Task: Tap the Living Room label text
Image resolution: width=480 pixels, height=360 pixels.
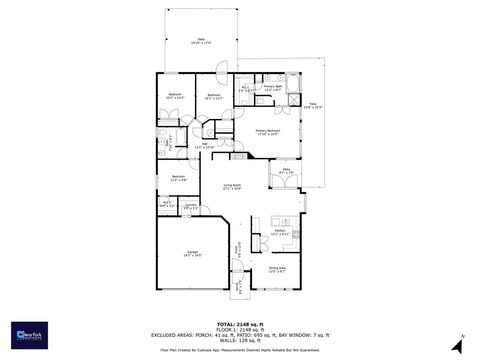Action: pyautogui.click(x=232, y=187)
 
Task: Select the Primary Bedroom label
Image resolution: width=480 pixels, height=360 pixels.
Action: pyautogui.click(x=268, y=132)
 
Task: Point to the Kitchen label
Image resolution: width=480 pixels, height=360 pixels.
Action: pyautogui.click(x=280, y=232)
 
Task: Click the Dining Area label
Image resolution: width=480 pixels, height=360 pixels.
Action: pyautogui.click(x=277, y=270)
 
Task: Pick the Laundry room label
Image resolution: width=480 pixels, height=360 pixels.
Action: pyautogui.click(x=191, y=206)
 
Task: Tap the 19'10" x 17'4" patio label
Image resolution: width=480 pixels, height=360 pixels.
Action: pyautogui.click(x=201, y=41)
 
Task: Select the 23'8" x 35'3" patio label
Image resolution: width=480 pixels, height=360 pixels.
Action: pyautogui.click(x=313, y=105)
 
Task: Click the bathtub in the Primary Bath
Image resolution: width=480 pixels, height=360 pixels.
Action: pyautogui.click(x=293, y=84)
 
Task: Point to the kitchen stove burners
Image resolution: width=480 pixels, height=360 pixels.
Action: pyautogui.click(x=296, y=234)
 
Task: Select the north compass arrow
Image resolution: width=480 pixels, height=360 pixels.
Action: pyautogui.click(x=458, y=345)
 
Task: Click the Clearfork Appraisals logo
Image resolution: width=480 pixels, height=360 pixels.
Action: pyautogui.click(x=30, y=335)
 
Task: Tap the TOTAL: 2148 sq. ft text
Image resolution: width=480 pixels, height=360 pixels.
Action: pyautogui.click(x=240, y=324)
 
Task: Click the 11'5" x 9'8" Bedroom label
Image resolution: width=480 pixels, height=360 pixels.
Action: pyautogui.click(x=178, y=178)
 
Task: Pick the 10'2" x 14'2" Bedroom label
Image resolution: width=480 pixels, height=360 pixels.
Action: pyautogui.click(x=175, y=96)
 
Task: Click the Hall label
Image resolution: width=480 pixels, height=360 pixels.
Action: pyautogui.click(x=204, y=146)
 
